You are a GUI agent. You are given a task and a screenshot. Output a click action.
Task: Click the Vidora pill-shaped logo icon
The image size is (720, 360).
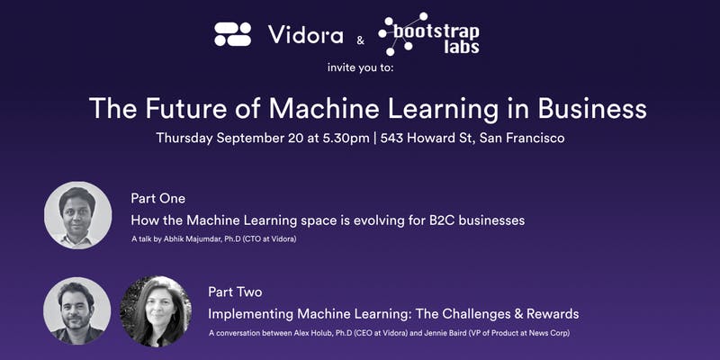tap(233, 34)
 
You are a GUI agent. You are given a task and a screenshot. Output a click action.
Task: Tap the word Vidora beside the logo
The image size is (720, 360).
tap(305, 35)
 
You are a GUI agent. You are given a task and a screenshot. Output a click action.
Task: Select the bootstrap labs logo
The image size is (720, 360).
tap(428, 34)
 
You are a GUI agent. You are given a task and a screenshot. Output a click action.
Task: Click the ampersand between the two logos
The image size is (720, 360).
tap(361, 40)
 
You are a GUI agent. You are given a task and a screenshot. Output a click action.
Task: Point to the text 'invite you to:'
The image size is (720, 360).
tap(361, 68)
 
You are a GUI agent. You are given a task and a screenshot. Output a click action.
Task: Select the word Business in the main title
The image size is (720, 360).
tap(591, 108)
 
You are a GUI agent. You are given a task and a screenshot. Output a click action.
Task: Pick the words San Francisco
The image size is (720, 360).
tap(522, 138)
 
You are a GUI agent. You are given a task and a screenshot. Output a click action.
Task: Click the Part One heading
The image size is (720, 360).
tap(158, 198)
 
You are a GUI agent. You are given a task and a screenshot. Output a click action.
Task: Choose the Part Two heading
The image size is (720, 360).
tap(235, 292)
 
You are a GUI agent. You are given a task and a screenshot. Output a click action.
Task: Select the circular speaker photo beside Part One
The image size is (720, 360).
tap(77, 215)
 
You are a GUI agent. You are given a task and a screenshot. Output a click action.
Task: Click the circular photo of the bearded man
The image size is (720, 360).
tap(77, 310)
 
